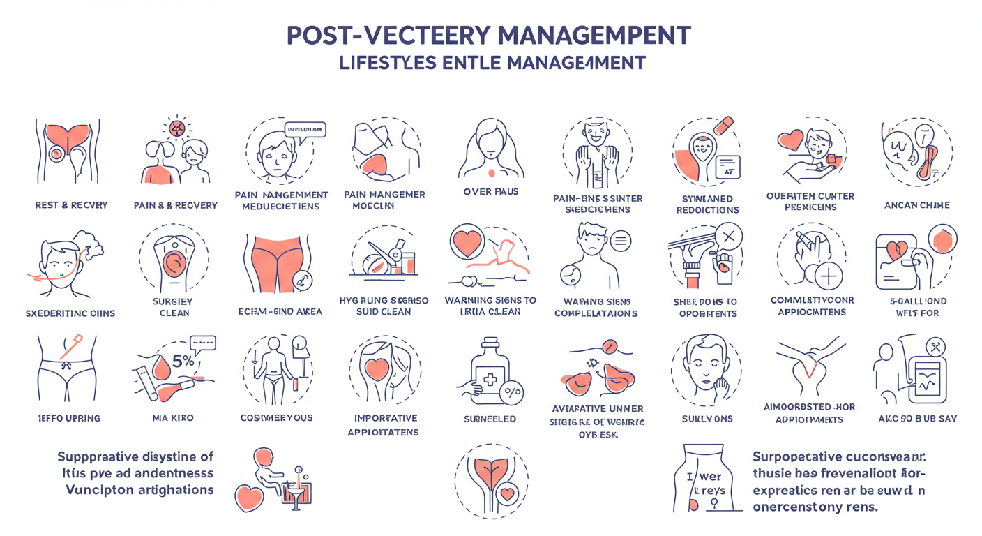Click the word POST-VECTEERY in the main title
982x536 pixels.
click(370, 34)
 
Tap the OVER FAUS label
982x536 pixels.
click(490, 191)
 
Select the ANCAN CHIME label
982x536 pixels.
click(917, 205)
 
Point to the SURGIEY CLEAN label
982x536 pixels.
click(174, 307)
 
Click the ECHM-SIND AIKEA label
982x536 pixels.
click(280, 311)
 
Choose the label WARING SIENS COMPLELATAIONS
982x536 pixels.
click(596, 307)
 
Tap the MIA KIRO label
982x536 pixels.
click(172, 418)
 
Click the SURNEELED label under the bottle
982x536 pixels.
click(490, 419)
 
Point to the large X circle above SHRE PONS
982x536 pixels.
click(728, 237)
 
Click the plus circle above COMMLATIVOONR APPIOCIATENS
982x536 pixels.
click(828, 276)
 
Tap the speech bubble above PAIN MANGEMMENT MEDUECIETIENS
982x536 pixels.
click(305, 129)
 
